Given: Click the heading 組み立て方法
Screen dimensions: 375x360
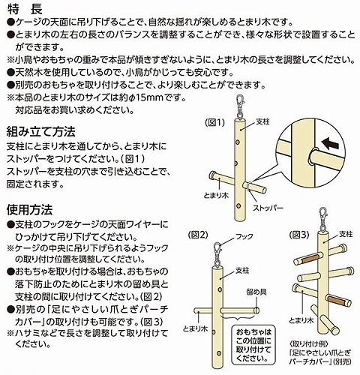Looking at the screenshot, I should tap(41, 130).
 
